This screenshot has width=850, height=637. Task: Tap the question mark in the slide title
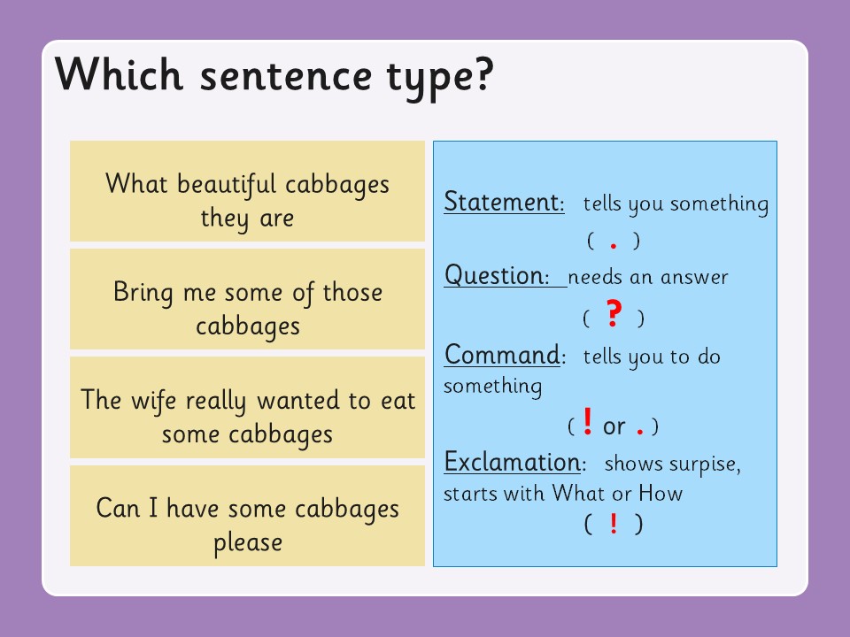479,76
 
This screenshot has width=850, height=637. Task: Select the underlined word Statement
503,203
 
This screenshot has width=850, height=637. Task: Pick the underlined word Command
502,355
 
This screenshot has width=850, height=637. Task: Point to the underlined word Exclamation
512,462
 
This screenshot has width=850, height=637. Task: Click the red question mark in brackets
614,316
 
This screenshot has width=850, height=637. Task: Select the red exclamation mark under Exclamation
614,524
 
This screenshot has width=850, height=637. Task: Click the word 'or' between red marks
614,426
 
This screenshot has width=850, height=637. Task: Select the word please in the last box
248,541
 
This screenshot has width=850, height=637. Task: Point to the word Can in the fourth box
117,509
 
